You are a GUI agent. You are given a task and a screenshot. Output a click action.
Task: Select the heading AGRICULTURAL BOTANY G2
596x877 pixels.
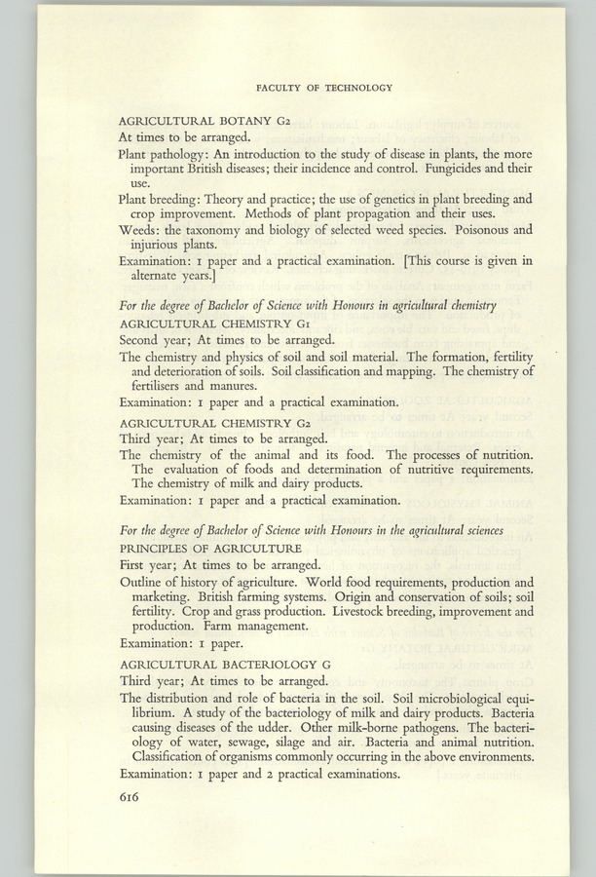point(193,121)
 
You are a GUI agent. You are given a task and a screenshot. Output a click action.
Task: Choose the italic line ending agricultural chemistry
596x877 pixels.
point(308,306)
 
